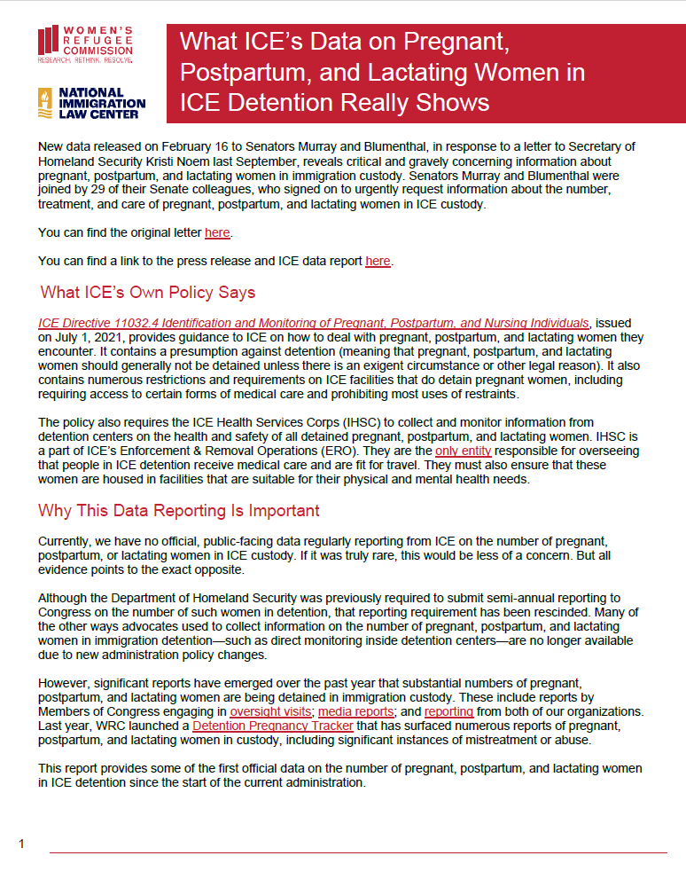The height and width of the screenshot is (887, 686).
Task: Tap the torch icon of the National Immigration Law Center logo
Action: click(45, 104)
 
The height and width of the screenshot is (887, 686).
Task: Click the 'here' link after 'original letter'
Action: click(216, 233)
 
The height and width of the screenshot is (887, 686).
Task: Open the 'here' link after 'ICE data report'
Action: click(378, 261)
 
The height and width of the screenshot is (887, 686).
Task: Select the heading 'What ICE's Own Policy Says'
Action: click(148, 293)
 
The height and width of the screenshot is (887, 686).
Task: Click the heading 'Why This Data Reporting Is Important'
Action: click(179, 511)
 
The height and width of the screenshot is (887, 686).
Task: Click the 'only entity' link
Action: click(463, 451)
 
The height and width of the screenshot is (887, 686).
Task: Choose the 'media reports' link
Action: click(355, 711)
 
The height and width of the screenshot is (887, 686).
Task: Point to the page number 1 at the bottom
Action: click(21, 844)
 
